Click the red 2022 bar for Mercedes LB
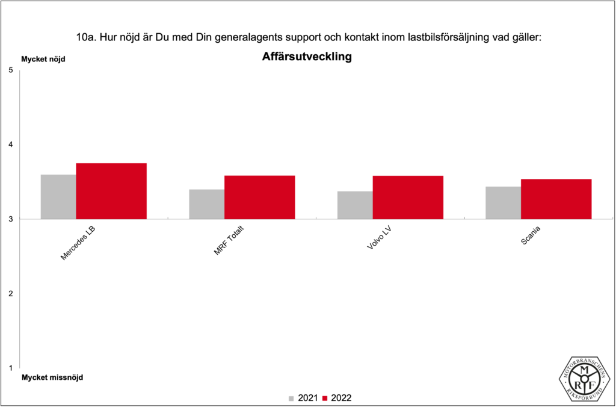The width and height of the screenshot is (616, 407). pos(111,191)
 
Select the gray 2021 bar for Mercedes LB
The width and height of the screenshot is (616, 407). pos(58,197)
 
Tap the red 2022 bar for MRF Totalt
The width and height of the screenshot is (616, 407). pos(259,197)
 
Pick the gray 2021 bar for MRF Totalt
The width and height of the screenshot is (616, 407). pos(206,204)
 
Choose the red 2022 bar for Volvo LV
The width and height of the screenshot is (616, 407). pos(408,197)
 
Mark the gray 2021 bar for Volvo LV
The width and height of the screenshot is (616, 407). pos(355,205)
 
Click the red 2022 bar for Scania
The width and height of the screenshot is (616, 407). pos(556,199)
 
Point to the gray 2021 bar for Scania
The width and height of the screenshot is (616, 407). pos(504,203)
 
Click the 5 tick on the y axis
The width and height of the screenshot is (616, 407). pos(10,70)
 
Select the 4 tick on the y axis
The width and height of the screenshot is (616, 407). pos(10,144)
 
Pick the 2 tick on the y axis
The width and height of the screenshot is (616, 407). pos(10,294)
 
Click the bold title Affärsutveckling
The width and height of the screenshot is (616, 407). pos(307,58)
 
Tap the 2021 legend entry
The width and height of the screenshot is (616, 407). pos(303,398)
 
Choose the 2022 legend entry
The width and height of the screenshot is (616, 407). pos(337,398)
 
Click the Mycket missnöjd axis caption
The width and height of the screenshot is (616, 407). pos(52,377)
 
